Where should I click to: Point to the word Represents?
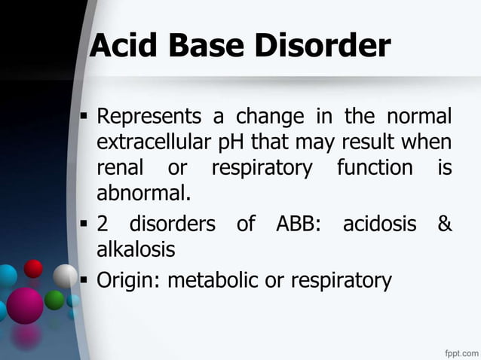coord(150,117)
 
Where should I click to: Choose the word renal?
coord(124,167)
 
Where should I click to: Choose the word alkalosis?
coord(136,249)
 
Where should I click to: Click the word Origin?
coord(129,281)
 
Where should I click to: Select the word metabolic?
coord(210,281)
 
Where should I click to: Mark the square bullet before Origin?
coord(84,281)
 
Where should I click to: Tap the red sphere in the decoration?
coord(33,268)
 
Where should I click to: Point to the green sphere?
coord(54,300)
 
